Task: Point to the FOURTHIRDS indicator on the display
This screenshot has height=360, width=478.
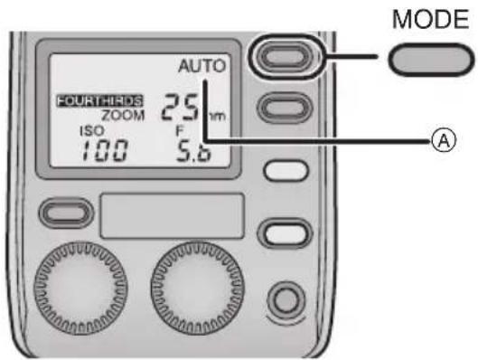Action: point(89,102)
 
